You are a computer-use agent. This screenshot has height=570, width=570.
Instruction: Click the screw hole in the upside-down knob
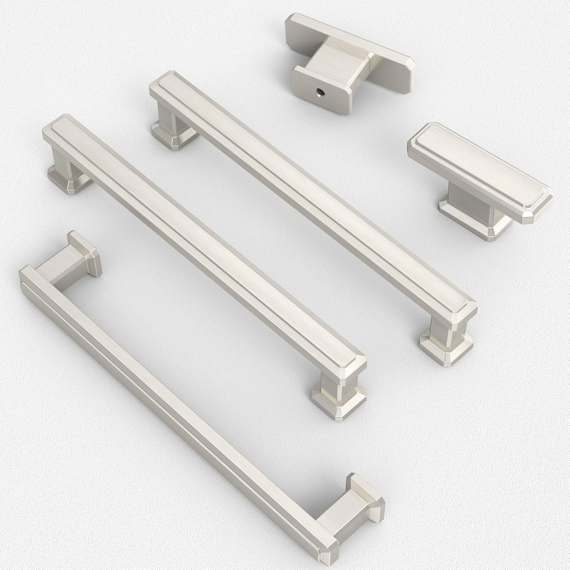click(x=321, y=90)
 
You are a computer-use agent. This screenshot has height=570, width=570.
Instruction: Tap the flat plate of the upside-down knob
click(x=390, y=61)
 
